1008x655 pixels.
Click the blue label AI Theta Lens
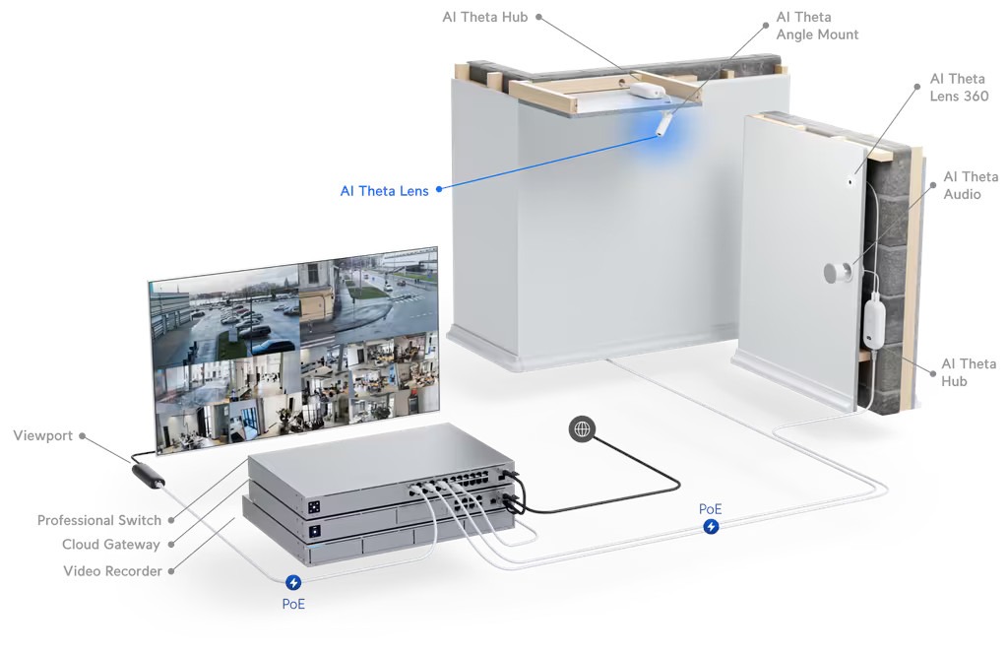[x=384, y=191]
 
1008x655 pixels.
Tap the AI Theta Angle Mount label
[x=817, y=26]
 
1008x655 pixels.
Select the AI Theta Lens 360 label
[x=959, y=87]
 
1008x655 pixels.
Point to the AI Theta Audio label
[x=970, y=185]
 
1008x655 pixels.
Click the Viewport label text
[x=42, y=435]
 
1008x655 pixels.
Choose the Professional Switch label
[x=98, y=520]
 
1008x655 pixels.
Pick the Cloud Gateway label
[x=110, y=545]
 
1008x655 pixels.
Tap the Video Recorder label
[x=112, y=570]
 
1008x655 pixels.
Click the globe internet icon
[x=583, y=428]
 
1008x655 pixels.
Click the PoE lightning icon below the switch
[x=293, y=583]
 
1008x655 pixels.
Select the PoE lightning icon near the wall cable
[x=711, y=527]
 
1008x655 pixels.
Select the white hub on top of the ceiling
[x=645, y=91]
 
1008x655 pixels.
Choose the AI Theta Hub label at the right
[x=968, y=372]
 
